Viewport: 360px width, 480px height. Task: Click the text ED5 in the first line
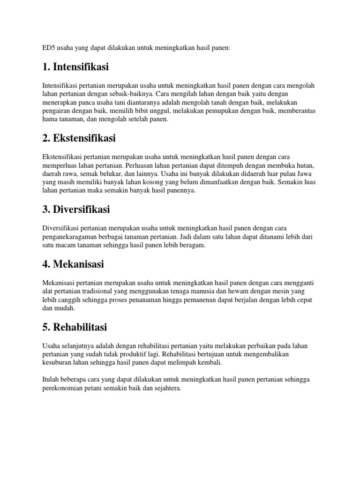(48, 48)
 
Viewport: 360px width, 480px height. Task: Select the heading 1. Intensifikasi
(75, 67)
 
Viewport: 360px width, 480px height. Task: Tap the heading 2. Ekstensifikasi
(79, 138)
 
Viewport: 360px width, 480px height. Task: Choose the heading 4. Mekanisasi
(73, 264)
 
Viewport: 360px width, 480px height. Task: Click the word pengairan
(57, 111)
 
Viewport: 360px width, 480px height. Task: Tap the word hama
(50, 119)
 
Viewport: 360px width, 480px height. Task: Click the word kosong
(161, 182)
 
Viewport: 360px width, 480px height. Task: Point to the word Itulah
(50, 379)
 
